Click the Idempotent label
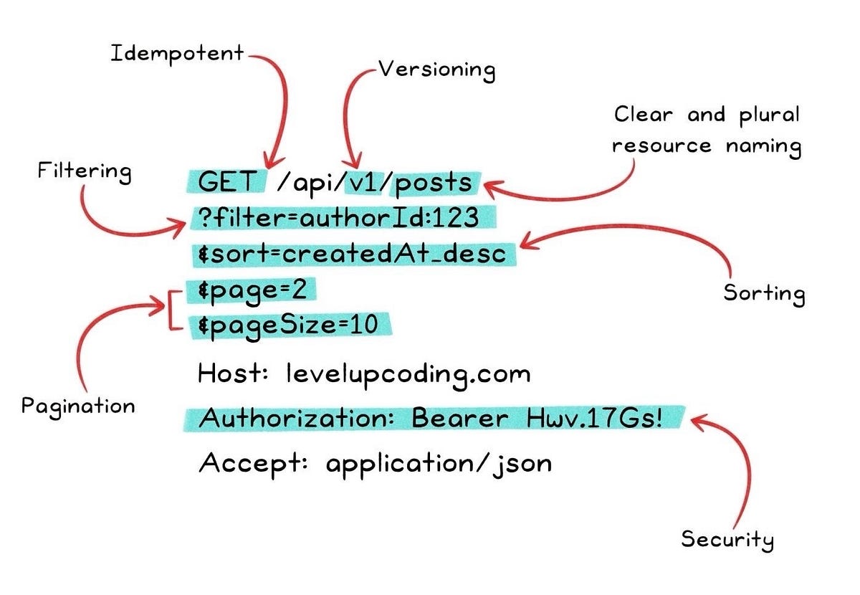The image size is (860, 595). coord(176,54)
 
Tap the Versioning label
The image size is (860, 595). coord(437,70)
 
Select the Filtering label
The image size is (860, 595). coord(85,172)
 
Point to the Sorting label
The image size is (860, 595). coord(764,293)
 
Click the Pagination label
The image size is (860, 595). coord(78,406)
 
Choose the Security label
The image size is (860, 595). coord(727,539)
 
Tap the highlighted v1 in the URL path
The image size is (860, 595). coord(365,183)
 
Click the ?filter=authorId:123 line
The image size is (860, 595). coord(344,218)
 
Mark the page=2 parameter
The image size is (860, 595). coord(252,290)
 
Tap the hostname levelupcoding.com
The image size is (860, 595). coord(408,373)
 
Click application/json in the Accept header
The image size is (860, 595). coord(439,464)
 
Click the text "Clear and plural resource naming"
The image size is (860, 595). coord(707,130)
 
